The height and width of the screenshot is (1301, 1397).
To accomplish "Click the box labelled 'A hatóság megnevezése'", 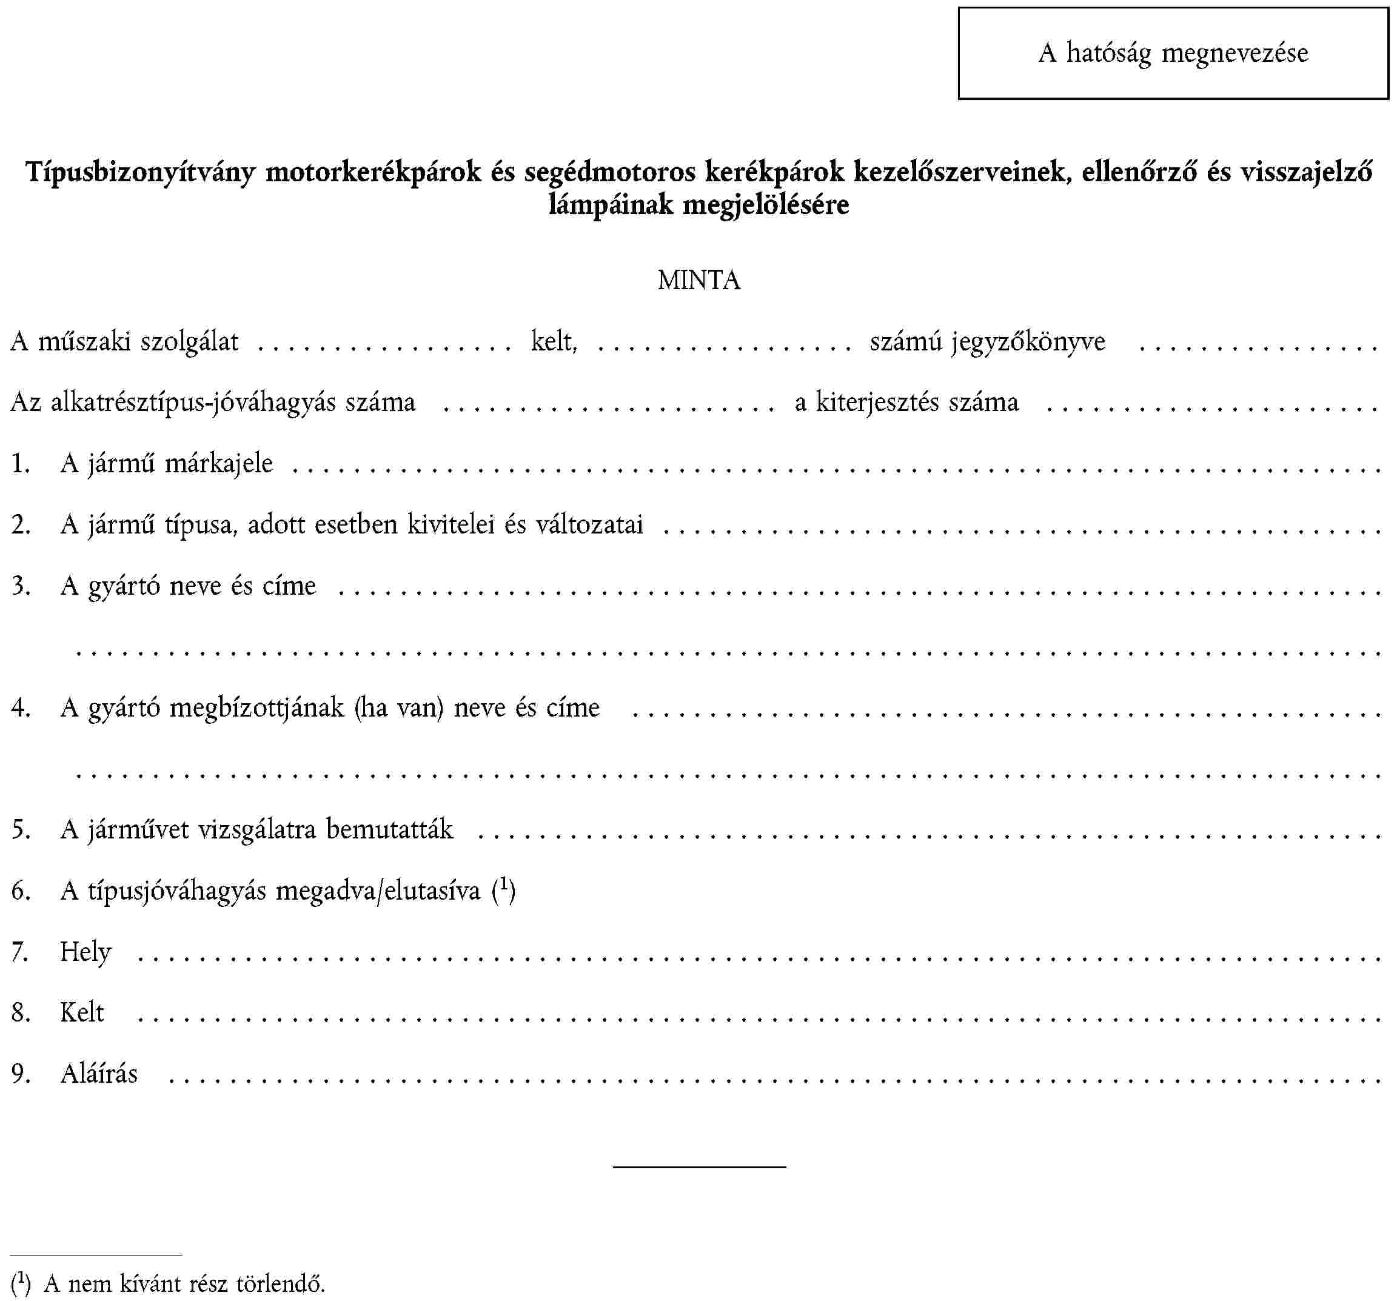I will [1173, 53].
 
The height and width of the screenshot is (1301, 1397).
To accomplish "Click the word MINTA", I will [698, 280].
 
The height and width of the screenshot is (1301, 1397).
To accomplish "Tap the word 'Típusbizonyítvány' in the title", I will [141, 172].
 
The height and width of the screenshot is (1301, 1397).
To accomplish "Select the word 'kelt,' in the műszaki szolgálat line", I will [554, 341].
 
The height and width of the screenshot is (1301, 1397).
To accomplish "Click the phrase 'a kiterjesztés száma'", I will [906, 403].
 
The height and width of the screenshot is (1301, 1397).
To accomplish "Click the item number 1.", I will [21, 464].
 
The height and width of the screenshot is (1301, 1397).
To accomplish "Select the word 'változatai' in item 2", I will [589, 525].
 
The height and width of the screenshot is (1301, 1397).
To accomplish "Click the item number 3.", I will [21, 586].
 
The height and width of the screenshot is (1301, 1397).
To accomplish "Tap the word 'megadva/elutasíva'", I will [378, 891].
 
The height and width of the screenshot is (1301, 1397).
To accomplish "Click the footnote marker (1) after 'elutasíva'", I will [504, 890].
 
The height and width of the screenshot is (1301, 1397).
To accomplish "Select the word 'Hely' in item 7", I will [85, 952].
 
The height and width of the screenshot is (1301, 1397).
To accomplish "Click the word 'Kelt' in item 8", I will [82, 1013].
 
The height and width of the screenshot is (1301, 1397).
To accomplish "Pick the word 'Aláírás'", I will [99, 1074].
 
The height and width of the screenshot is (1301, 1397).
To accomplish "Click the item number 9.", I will [21, 1074].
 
